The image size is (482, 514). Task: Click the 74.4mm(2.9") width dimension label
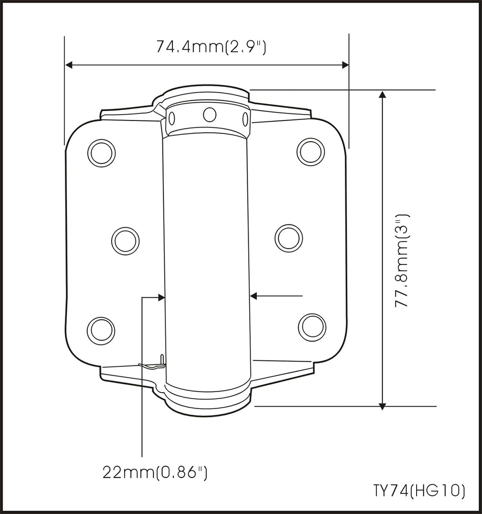point(211,47)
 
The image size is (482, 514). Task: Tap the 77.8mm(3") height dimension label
point(402,261)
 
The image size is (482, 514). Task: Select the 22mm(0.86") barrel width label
point(155,472)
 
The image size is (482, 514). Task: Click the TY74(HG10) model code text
point(419,490)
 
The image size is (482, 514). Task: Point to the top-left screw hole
point(102,153)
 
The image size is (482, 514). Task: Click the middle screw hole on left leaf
point(125,240)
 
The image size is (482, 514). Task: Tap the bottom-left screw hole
point(101,330)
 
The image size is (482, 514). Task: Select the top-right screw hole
point(311,152)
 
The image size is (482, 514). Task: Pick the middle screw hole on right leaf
point(289,238)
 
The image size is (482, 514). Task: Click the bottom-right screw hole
point(312,327)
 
